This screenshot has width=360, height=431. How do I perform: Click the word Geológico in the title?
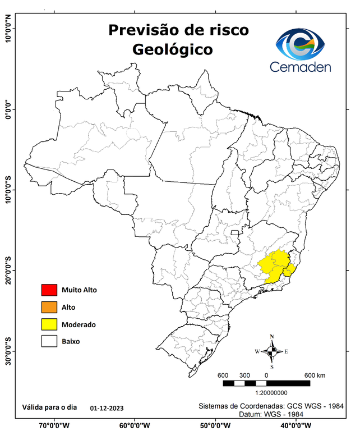[x=172, y=49]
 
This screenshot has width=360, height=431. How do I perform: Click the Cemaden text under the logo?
[x=301, y=67]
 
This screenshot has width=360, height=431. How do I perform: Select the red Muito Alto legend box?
[x=49, y=290]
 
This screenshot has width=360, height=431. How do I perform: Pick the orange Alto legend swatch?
[x=49, y=307]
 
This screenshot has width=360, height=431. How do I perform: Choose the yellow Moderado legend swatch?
[x=49, y=324]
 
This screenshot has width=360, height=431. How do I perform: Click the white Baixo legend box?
[x=49, y=341]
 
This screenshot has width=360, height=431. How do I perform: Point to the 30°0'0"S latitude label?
[x=8, y=351]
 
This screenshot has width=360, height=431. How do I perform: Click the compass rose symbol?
[x=272, y=351]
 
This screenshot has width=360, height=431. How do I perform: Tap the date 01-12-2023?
[x=107, y=408]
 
